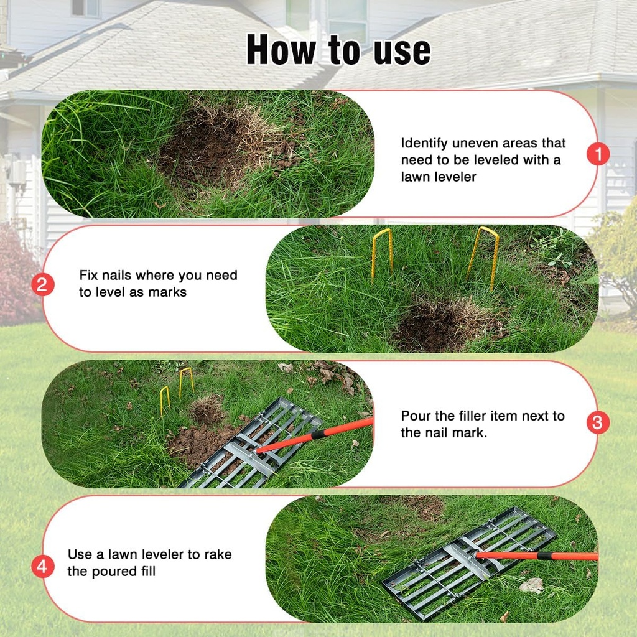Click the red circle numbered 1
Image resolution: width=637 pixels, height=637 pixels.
[x=598, y=154]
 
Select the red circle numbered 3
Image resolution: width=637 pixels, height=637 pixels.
[x=598, y=423]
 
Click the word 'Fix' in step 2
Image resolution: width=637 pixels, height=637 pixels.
[x=89, y=275]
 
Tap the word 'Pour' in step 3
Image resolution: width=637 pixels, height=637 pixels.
[x=416, y=416]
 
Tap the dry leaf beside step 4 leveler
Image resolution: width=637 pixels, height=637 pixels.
[x=531, y=585]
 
